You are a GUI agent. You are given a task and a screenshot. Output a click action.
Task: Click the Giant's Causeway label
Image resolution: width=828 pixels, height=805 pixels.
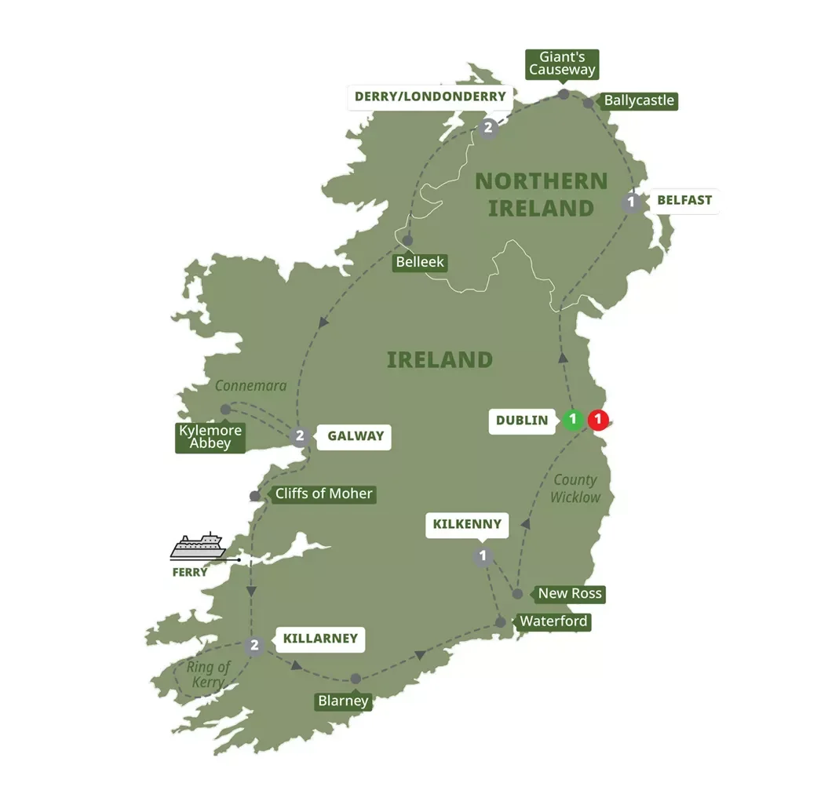(562, 64)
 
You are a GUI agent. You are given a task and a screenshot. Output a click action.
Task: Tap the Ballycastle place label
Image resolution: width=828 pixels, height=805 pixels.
(639, 101)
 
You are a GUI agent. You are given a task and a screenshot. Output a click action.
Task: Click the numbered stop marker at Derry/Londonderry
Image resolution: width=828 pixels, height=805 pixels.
(488, 129)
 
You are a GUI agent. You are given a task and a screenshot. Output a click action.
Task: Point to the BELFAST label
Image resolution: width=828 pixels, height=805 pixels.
(684, 200)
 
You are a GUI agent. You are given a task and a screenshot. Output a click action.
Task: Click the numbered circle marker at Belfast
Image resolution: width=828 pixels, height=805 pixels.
(629, 202)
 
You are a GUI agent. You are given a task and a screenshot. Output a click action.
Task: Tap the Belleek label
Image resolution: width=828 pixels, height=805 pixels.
(420, 262)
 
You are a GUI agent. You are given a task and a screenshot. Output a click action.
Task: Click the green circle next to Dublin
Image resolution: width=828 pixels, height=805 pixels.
(572, 421)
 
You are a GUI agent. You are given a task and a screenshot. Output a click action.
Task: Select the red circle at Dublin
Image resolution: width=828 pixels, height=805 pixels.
(598, 421)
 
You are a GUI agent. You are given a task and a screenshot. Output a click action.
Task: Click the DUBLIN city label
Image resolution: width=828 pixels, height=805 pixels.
(522, 421)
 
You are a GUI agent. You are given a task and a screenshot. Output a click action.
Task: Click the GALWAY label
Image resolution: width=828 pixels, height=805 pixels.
(356, 436)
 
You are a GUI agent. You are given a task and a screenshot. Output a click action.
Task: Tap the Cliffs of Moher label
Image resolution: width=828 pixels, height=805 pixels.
(323, 494)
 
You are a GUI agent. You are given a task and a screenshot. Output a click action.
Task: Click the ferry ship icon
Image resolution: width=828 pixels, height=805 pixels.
(198, 547)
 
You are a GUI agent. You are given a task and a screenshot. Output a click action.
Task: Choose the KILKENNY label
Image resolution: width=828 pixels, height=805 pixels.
(467, 524)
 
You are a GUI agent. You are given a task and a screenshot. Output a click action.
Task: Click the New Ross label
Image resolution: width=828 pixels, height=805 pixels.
(570, 593)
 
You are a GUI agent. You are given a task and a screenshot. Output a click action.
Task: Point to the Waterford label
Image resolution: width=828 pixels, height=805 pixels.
(553, 622)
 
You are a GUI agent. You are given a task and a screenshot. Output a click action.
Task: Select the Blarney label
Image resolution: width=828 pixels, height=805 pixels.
(343, 701)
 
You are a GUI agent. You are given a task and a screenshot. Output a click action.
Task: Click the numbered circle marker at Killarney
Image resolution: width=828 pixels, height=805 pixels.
(253, 646)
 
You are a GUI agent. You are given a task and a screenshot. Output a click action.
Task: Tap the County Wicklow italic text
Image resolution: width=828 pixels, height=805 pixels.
(574, 488)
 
